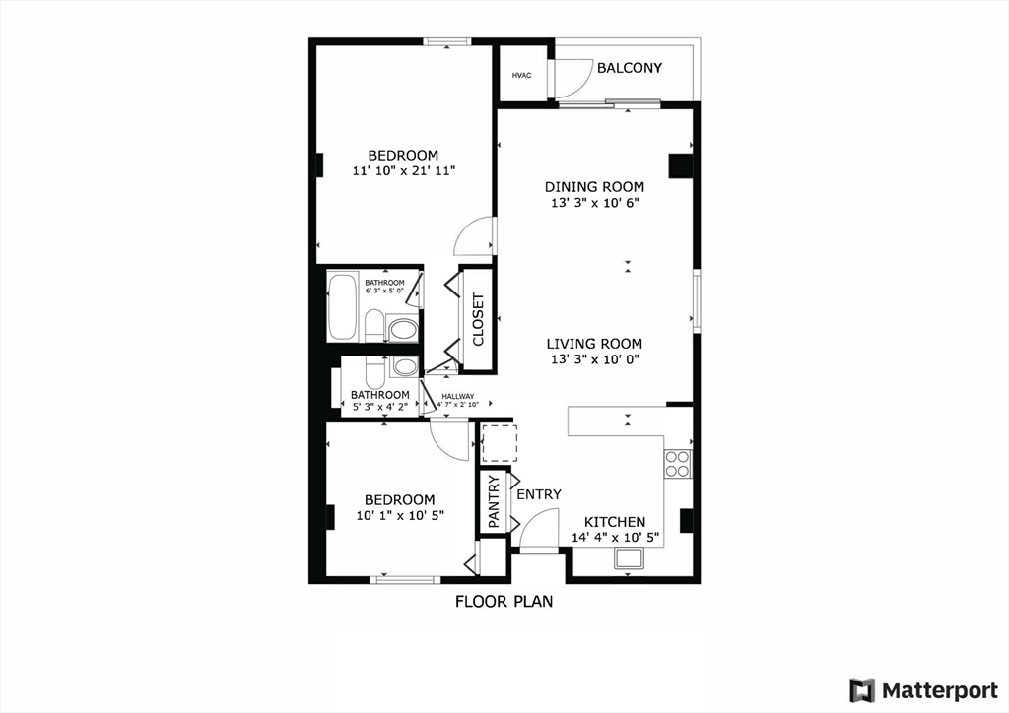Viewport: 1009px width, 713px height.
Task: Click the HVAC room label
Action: pyautogui.click(x=522, y=75)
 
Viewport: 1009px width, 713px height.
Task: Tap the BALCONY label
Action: pyautogui.click(x=630, y=68)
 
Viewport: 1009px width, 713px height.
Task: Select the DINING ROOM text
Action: pyautogui.click(x=594, y=187)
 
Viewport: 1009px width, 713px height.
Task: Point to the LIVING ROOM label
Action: pyautogui.click(x=594, y=344)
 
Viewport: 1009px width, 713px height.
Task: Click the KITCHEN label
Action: pyautogui.click(x=615, y=522)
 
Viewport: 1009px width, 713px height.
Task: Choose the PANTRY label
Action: pyautogui.click(x=495, y=501)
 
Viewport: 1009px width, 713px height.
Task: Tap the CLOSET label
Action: pyautogui.click(x=478, y=319)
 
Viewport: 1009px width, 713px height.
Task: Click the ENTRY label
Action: pyautogui.click(x=539, y=494)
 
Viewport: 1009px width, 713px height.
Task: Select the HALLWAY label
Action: pyautogui.click(x=458, y=396)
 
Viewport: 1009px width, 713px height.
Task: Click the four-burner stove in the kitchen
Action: pyautogui.click(x=678, y=464)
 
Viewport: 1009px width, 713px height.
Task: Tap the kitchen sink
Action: pyautogui.click(x=630, y=558)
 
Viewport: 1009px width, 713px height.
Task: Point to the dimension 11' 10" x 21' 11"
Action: pyautogui.click(x=404, y=171)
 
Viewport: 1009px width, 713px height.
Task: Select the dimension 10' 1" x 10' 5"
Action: pyautogui.click(x=400, y=516)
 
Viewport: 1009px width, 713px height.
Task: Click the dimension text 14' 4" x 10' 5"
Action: pyautogui.click(x=615, y=538)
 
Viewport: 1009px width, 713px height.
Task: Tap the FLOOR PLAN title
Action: pyautogui.click(x=504, y=602)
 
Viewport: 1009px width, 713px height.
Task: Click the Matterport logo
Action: pyautogui.click(x=924, y=690)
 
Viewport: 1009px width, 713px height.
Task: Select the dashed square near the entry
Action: pyautogui.click(x=500, y=443)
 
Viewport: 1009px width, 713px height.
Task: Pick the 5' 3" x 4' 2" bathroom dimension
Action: pyautogui.click(x=379, y=407)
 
